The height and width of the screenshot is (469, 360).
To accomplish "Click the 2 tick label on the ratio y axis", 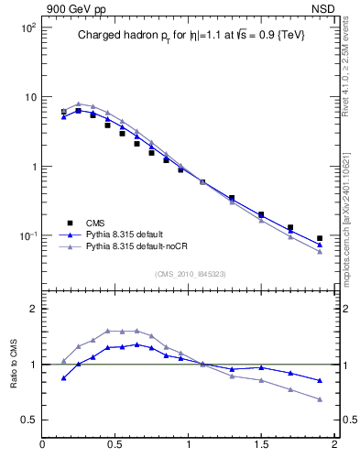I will click(x=32, y=309).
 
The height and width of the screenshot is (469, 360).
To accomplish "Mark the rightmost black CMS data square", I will click(x=319, y=238).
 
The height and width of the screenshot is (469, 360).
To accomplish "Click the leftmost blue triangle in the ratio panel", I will click(x=63, y=377).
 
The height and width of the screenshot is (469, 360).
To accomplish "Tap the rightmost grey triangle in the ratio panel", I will click(x=319, y=399).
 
